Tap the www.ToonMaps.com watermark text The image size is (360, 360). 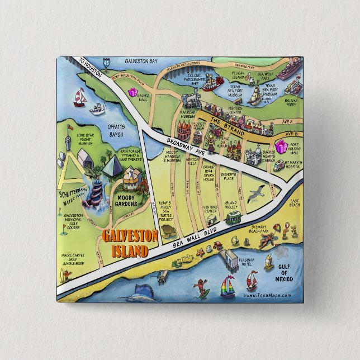coord(267,295)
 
